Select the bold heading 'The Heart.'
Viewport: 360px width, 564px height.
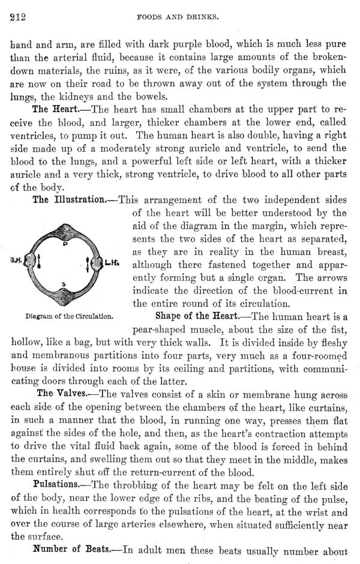click(56, 110)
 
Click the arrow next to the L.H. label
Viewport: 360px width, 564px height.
click(99, 263)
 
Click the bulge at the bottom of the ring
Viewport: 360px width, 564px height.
click(64, 295)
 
